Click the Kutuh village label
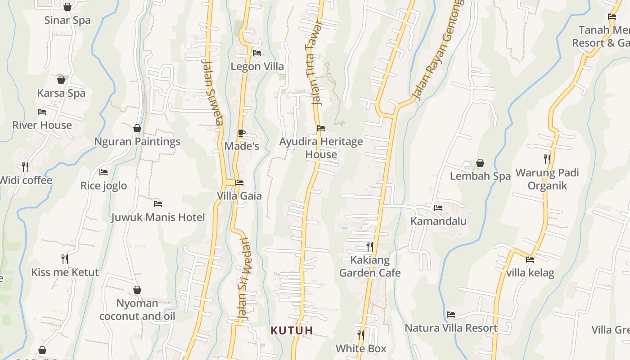292,331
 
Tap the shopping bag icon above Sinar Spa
67,7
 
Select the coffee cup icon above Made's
241,133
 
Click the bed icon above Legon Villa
257,53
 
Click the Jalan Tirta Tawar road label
315,63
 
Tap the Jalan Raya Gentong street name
439,49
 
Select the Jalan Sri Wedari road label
243,279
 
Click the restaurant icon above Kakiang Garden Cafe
369,247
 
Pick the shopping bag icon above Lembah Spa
480,163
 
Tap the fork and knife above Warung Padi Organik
547,159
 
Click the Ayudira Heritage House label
321,148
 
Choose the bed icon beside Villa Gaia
239,183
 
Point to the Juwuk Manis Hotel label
158,217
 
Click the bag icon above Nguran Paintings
137,128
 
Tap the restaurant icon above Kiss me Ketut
65,259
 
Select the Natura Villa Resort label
451,328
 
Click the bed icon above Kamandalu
438,208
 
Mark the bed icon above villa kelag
530,259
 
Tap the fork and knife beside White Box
360,335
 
